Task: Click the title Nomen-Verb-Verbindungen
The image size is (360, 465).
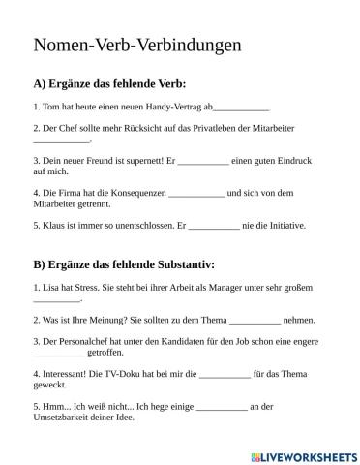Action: pyautogui.click(x=136, y=45)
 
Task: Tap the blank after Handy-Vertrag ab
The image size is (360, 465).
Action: pyautogui.click(x=242, y=108)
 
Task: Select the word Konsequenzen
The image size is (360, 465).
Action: pyautogui.click(x=136, y=191)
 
